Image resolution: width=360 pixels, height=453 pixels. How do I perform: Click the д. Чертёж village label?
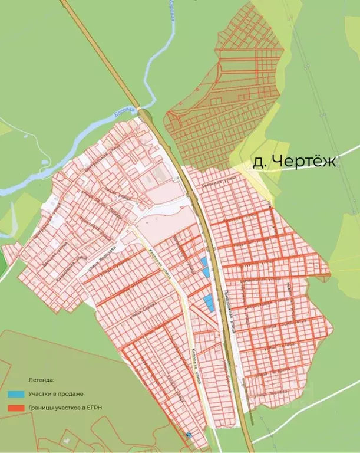294,162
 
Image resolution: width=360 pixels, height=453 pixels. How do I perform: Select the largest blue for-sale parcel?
209,303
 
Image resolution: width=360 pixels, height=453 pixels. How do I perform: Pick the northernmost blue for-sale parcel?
204,261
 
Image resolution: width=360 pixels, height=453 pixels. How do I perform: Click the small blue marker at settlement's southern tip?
189,434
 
